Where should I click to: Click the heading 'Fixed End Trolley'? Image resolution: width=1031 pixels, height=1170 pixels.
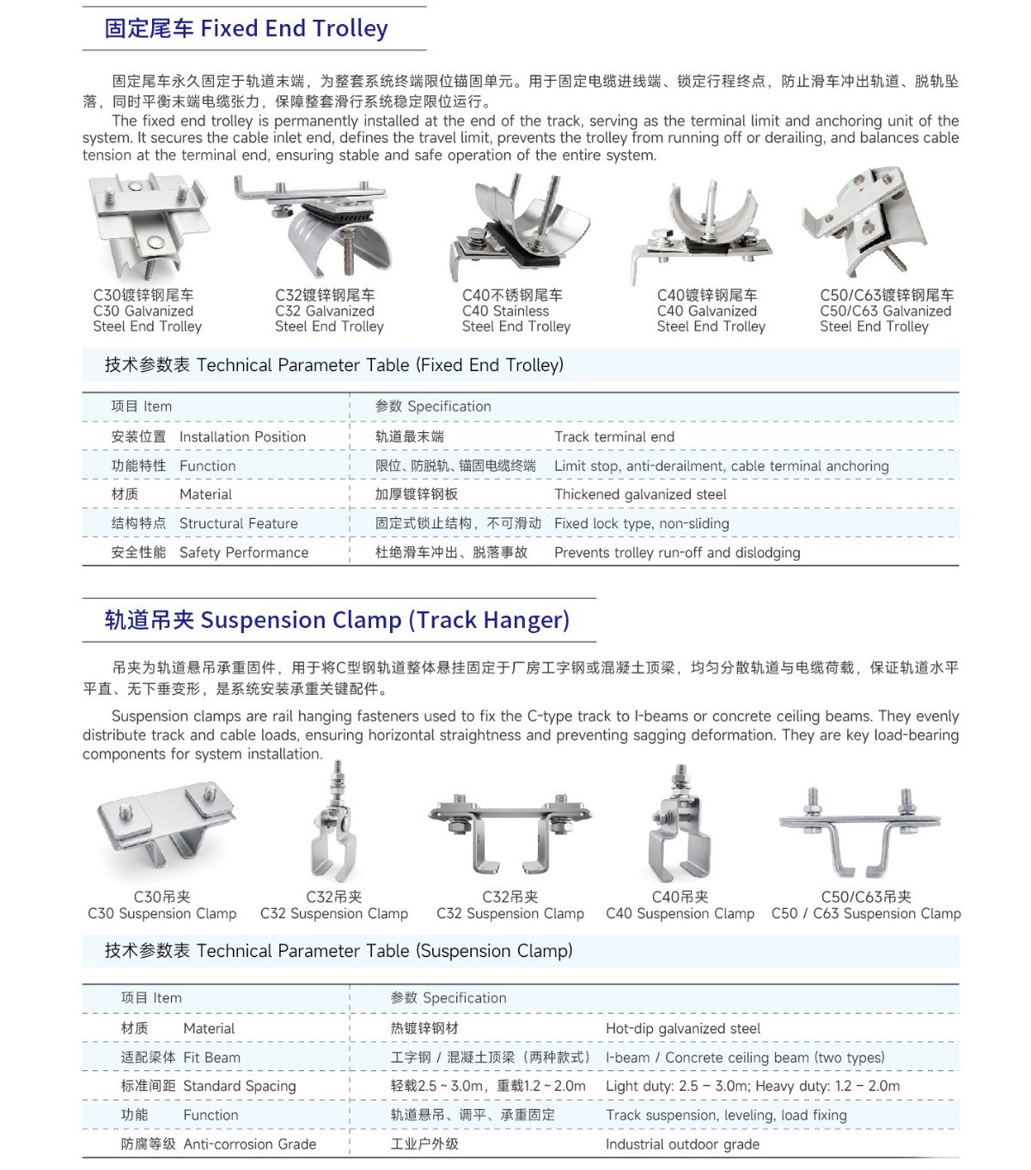click(294, 27)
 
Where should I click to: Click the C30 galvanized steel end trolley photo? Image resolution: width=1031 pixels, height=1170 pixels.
click(149, 225)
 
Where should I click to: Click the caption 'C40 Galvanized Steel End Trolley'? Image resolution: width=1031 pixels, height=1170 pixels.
click(711, 318)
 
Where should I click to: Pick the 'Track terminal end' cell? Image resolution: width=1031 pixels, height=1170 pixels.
click(614, 436)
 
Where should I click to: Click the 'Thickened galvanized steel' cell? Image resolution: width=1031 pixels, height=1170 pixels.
click(640, 494)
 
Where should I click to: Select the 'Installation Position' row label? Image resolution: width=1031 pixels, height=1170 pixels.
click(242, 436)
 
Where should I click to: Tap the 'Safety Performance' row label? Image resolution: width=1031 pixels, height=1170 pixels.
click(244, 552)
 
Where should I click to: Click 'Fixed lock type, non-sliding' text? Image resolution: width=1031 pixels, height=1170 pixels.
click(641, 523)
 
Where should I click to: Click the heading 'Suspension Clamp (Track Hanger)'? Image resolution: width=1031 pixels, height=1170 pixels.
click(385, 619)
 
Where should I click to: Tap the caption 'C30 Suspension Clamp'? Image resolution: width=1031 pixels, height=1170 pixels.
click(162, 914)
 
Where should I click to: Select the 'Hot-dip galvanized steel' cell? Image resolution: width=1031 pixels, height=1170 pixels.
click(683, 1028)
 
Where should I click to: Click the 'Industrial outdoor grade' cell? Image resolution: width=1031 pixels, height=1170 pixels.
click(682, 1144)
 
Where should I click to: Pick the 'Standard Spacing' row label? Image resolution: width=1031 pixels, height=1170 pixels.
click(239, 1087)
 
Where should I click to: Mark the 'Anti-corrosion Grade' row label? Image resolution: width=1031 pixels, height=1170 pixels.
click(249, 1144)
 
